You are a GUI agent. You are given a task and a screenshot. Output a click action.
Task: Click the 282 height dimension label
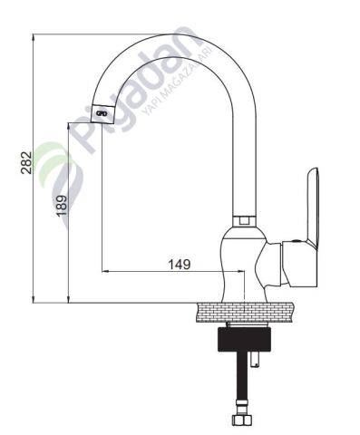tap(26, 162)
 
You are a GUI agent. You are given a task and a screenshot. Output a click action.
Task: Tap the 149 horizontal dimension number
tap(180, 264)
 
